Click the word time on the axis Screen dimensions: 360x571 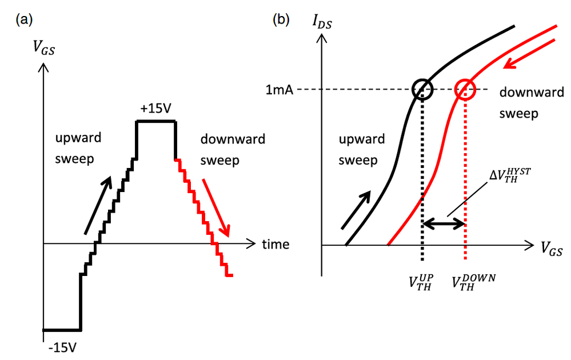point(275,245)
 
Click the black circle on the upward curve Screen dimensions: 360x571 point(422,89)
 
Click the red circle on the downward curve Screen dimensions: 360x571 point(465,89)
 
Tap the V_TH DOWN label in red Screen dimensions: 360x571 point(474,282)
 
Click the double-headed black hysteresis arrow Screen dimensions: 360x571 point(444,225)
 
